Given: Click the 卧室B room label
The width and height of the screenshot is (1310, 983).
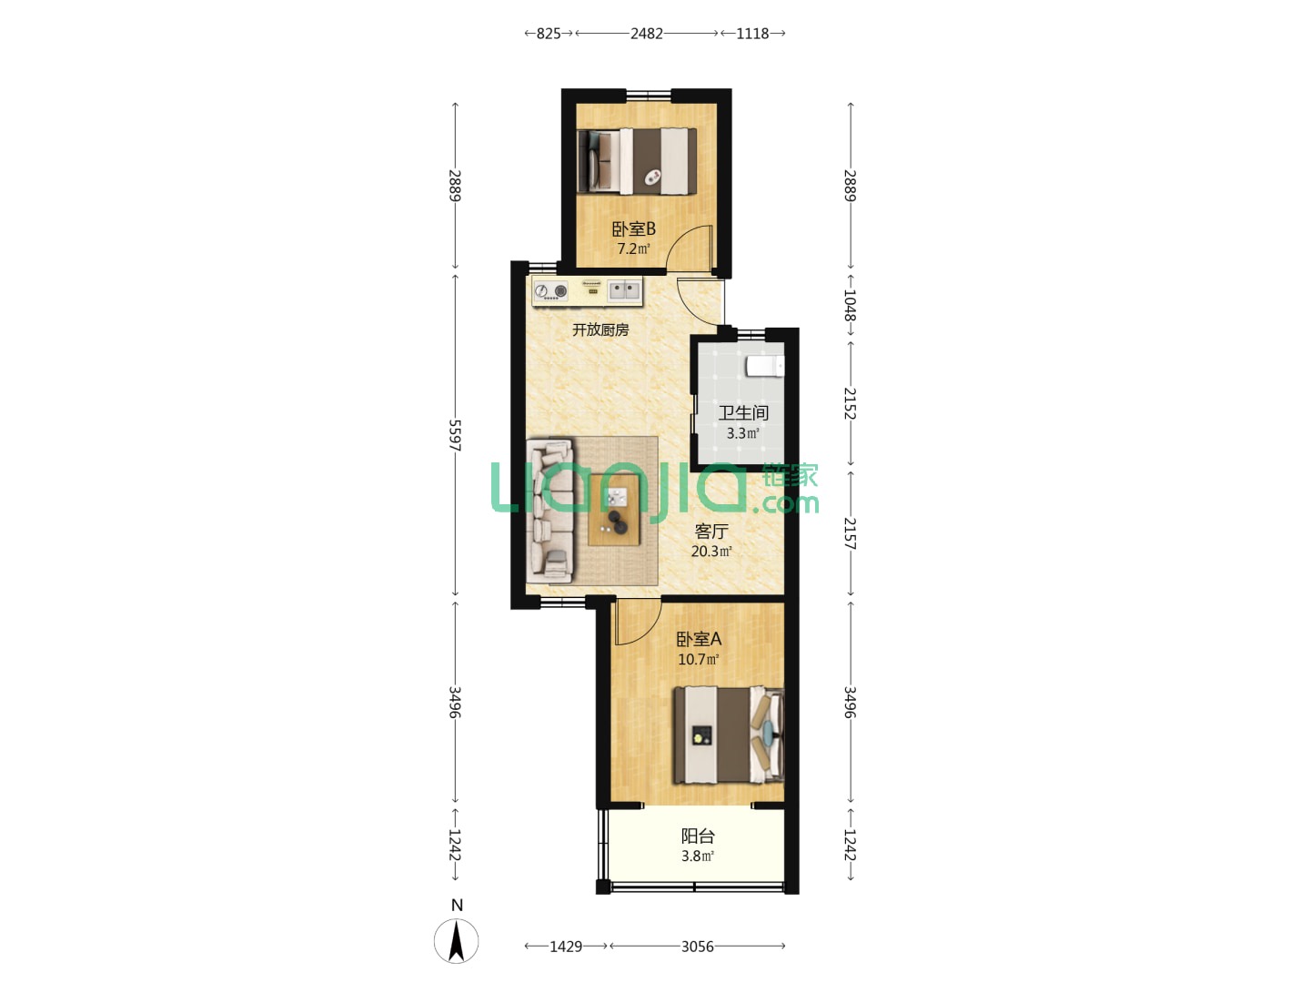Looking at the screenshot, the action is pos(633,228).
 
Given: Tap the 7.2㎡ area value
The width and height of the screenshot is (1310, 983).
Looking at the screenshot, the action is pos(633,248).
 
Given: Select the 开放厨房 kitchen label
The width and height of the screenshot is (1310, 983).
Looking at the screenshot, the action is pos(600,329).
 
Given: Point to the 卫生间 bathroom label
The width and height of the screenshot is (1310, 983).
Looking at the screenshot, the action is pos(742,412).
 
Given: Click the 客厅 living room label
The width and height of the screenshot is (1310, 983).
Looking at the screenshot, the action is pos(711,531).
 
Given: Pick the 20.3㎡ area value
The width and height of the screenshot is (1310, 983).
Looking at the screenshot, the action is pos(711,551).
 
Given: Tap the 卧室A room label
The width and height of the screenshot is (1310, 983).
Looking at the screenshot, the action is pos(699,639).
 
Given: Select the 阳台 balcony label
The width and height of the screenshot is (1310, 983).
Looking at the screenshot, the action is pos(698,836).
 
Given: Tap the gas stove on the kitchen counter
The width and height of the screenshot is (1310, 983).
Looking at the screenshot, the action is pos(551,290).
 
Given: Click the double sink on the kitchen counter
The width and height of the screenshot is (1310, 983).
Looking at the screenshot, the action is pos(624,290).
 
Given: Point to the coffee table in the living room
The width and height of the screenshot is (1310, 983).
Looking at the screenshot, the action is pos(613,511).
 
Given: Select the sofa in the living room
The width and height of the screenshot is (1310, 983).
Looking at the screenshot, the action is pos(549,511).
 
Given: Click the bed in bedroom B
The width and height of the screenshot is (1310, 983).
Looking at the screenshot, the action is pos(637,161).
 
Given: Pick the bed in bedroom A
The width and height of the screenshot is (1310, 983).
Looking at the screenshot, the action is pos(728,735).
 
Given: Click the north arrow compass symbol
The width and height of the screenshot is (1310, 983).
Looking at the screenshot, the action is pos(456,941).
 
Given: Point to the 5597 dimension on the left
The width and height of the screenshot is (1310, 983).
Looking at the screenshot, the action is pos(455,435).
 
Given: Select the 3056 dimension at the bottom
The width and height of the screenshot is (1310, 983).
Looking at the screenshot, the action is pos(697,946).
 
